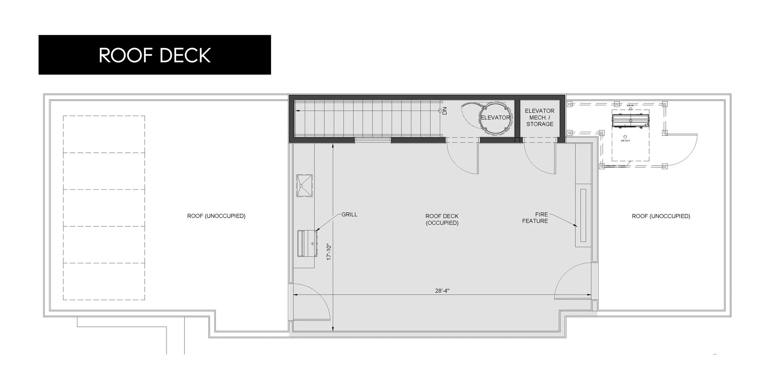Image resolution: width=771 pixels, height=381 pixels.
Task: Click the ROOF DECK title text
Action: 155,55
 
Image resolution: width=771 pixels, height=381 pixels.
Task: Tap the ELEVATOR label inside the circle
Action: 495,117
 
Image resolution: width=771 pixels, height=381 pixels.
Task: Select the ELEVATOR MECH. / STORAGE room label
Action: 540,117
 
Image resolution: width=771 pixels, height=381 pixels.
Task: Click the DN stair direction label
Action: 445,111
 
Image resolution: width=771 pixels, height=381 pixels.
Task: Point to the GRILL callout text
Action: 349,214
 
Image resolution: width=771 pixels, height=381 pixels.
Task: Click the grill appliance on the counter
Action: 307,243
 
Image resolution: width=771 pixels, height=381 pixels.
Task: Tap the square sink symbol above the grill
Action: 304,185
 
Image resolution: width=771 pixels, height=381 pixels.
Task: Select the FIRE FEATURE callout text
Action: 535,217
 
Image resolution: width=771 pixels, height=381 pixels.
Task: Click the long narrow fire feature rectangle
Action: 583,215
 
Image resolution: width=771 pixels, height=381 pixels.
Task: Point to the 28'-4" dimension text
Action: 442,290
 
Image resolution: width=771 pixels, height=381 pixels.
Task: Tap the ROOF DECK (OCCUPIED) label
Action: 442,219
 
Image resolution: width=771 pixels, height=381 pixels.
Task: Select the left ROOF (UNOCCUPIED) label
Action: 216,216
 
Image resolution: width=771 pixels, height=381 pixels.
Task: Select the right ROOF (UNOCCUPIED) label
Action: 661,216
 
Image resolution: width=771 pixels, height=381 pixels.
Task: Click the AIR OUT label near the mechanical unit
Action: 625,141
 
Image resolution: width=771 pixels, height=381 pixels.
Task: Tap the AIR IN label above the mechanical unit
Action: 630,106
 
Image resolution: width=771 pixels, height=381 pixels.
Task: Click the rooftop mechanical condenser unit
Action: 630,120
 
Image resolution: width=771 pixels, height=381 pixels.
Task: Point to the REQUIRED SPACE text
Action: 615,166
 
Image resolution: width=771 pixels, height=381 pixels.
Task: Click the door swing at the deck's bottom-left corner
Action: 311,302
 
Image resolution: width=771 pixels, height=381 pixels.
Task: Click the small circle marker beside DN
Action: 440,110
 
